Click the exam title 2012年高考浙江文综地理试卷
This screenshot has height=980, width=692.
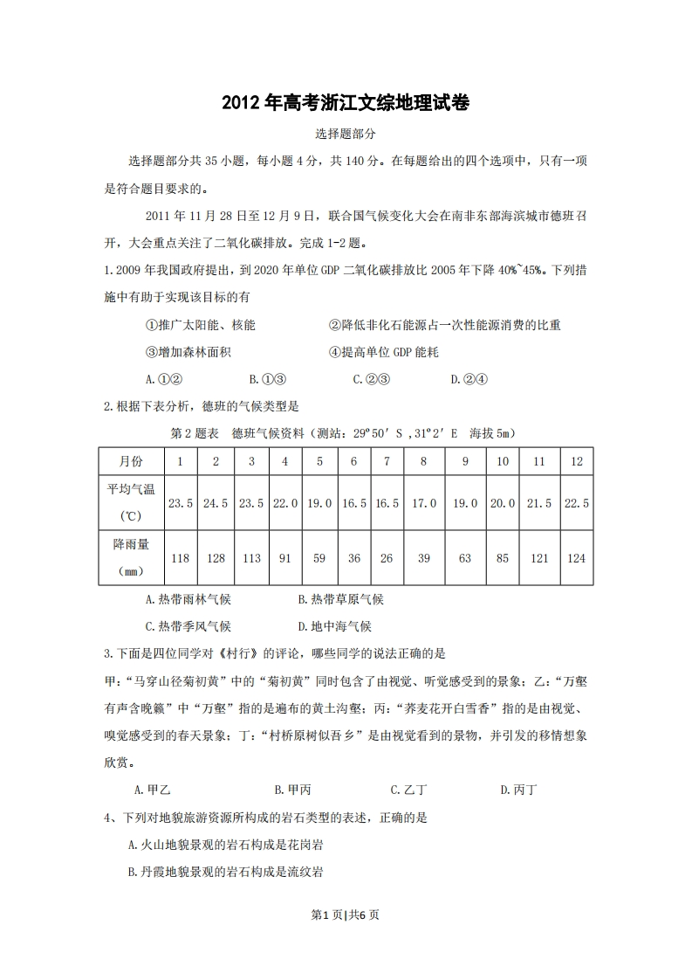346,103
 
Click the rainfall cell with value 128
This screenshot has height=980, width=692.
215,558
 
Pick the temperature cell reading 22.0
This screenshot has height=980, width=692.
285,503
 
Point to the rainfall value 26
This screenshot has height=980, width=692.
387,558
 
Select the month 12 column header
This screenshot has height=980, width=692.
576,461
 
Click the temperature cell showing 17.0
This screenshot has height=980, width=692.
423,503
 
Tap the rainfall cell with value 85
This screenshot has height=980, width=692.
503,558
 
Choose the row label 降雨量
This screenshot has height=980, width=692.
131,545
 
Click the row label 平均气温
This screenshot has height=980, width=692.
131,490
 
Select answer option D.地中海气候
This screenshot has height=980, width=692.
335,626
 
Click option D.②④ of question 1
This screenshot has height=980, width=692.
469,380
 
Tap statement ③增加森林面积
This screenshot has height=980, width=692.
188,352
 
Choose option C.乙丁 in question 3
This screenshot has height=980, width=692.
408,790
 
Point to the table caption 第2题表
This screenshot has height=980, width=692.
195,433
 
